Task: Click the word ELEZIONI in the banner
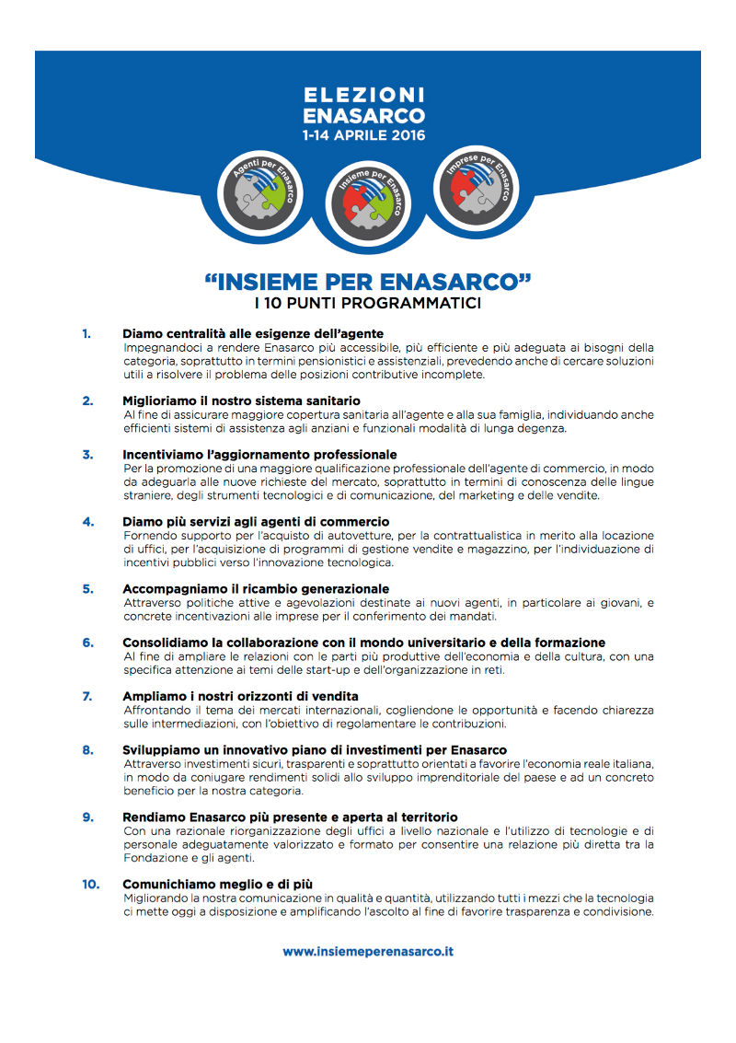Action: click(x=364, y=95)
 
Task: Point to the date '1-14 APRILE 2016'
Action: click(x=364, y=134)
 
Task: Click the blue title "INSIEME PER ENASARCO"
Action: click(x=368, y=281)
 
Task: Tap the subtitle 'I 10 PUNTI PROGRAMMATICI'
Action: click(x=368, y=303)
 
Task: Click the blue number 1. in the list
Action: click(x=86, y=333)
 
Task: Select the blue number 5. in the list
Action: click(x=87, y=588)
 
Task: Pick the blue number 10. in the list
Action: click(x=90, y=885)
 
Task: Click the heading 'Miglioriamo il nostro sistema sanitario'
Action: click(x=241, y=400)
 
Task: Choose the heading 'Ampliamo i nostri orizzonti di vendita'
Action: click(x=240, y=696)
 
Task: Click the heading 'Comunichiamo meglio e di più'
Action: click(x=211, y=885)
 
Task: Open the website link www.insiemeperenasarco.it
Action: click(x=368, y=952)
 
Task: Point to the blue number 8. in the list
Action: click(x=87, y=750)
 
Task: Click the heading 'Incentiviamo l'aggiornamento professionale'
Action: click(x=259, y=454)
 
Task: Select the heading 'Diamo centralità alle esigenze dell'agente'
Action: click(x=253, y=333)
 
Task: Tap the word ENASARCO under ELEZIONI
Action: click(x=364, y=115)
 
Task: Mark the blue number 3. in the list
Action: click(x=87, y=454)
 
